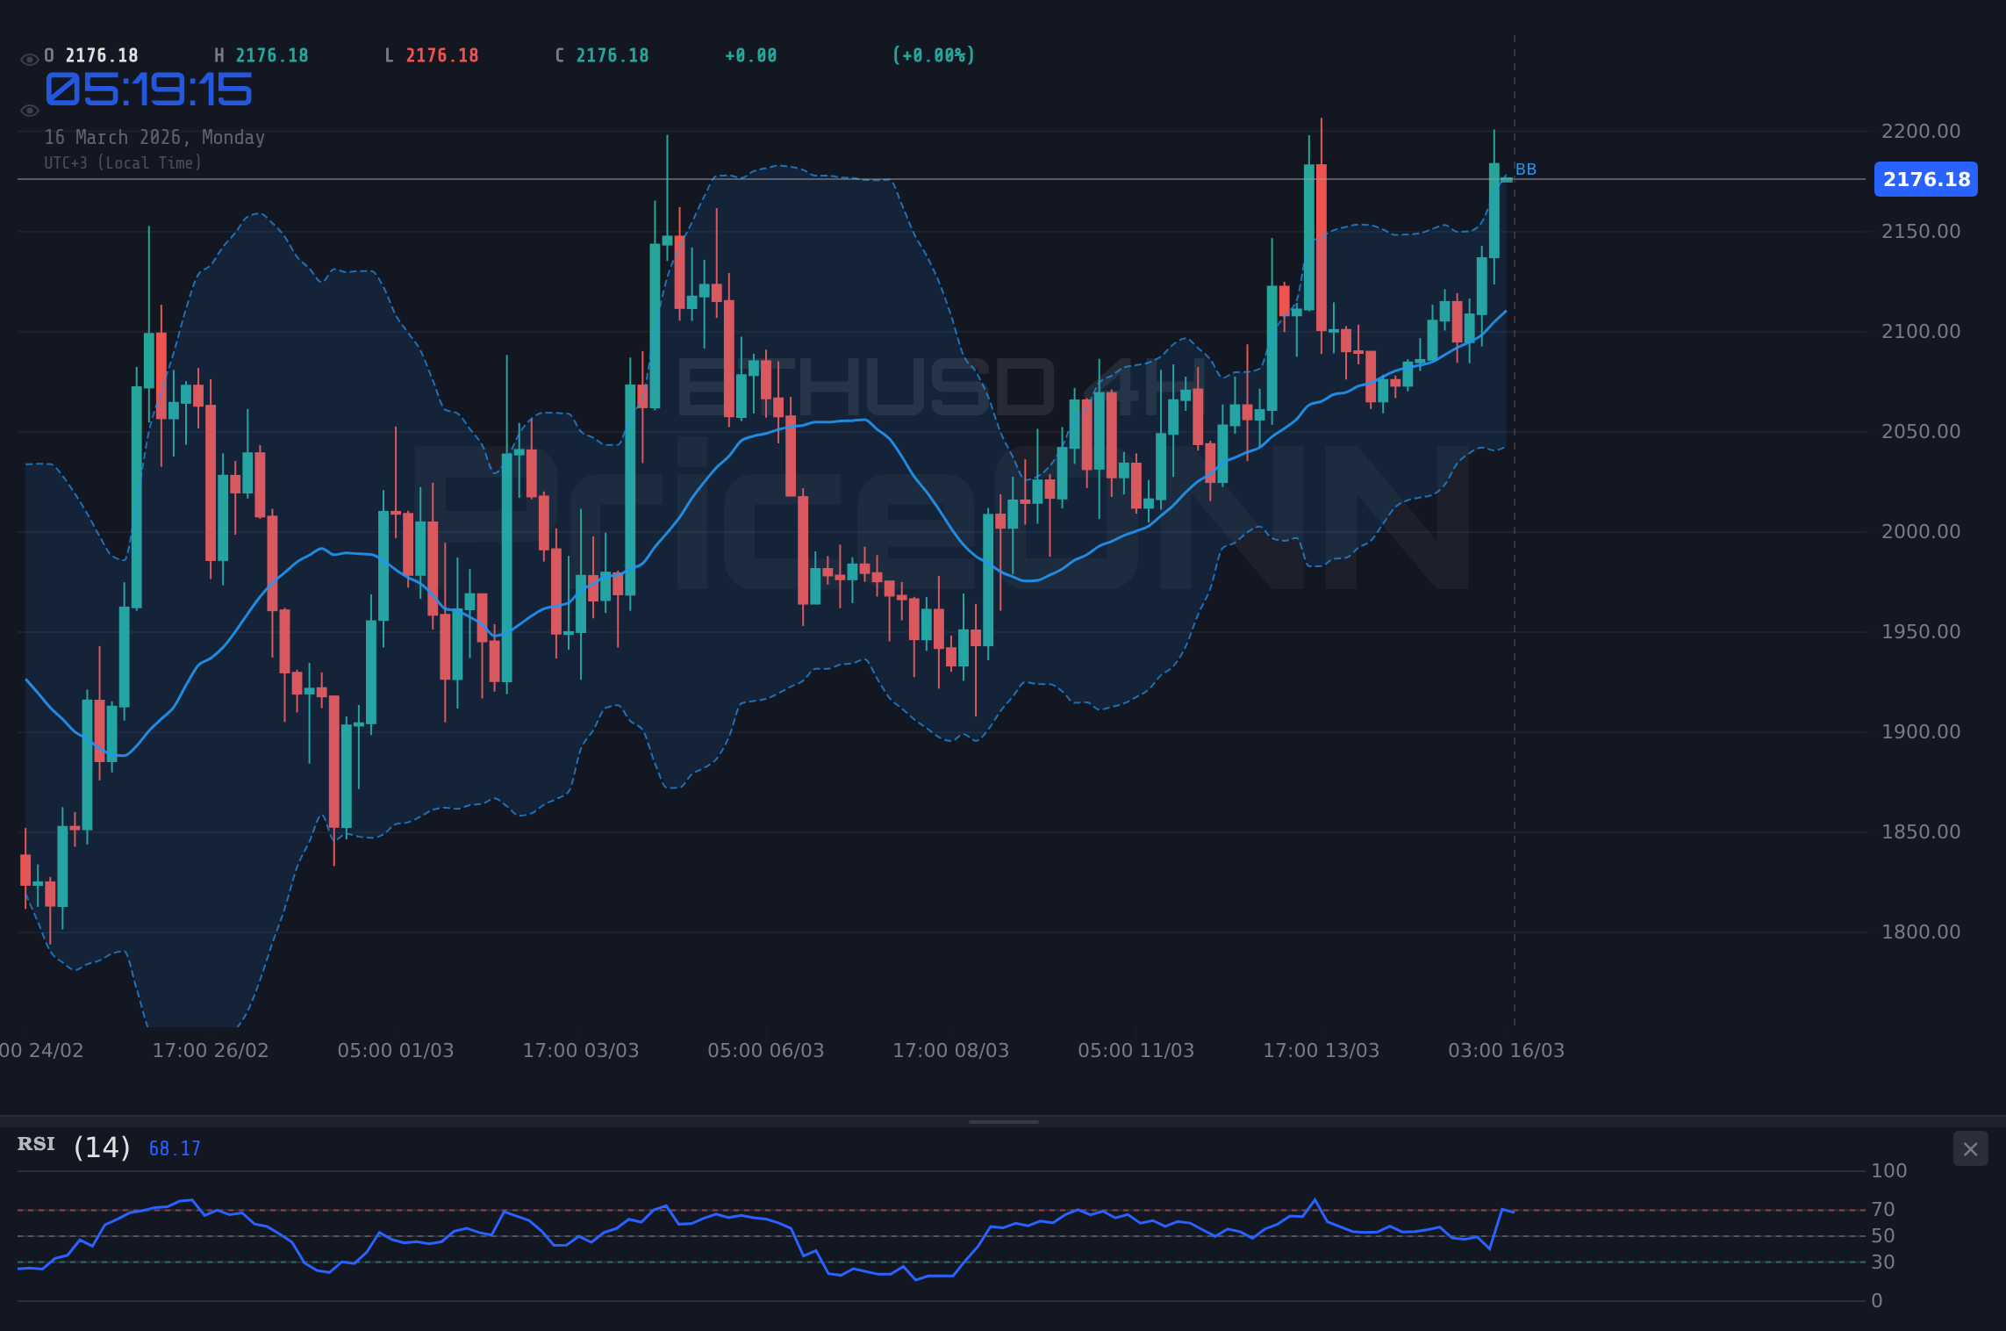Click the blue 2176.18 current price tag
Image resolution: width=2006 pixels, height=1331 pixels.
[x=1925, y=179]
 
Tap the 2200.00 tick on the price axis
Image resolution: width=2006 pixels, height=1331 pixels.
[x=1920, y=131]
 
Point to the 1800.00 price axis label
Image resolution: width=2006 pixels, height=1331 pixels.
[x=1920, y=932]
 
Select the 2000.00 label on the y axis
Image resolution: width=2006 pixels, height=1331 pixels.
[x=1920, y=531]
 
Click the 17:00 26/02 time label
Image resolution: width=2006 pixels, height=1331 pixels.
[x=211, y=1050]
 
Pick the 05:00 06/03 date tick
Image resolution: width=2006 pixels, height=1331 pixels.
[x=765, y=1050]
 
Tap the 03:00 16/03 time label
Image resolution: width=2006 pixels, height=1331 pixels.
[x=1506, y=1050]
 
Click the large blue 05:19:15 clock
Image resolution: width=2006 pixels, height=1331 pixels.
[x=148, y=90]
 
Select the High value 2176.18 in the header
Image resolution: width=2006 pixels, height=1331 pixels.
[x=272, y=55]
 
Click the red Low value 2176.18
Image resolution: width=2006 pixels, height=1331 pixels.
[x=442, y=55]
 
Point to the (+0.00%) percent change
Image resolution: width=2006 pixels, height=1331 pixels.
[x=933, y=55]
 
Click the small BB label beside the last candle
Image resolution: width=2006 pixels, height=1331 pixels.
[x=1525, y=169]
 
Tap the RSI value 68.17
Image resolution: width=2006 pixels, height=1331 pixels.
[x=175, y=1148]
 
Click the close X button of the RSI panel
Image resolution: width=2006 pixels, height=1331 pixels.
[x=1970, y=1149]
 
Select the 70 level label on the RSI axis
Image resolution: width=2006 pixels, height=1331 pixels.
[x=1882, y=1210]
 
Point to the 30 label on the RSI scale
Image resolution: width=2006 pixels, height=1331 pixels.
[x=1882, y=1263]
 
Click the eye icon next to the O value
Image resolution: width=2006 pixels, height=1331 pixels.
[x=29, y=60]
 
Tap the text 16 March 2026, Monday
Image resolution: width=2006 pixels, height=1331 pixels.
[x=154, y=137]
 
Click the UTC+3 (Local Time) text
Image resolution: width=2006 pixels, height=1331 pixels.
[x=123, y=162]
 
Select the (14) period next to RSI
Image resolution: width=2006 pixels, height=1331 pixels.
[x=102, y=1148]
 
